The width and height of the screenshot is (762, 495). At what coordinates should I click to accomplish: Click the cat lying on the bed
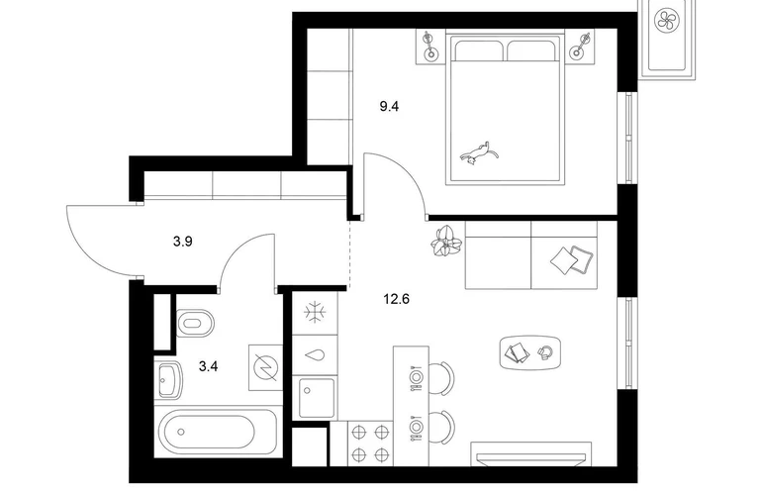[479, 152]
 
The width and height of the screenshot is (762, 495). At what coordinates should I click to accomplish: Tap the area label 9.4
[389, 106]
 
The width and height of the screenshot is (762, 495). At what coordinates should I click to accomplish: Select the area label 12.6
[397, 299]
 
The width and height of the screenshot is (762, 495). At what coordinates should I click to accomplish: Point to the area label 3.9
[183, 242]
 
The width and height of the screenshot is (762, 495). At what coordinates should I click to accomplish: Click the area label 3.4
[209, 366]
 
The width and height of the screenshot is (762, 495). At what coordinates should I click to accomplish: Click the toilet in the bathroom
[194, 324]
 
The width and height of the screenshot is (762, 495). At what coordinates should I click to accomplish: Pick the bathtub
[217, 433]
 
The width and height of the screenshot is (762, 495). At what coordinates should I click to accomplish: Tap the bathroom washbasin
[168, 380]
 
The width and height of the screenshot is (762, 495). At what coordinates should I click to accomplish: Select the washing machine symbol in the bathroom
[265, 367]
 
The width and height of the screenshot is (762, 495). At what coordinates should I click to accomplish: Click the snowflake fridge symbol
[315, 312]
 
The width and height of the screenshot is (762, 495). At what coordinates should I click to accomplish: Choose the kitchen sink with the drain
[317, 398]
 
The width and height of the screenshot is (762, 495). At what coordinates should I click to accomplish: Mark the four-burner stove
[369, 443]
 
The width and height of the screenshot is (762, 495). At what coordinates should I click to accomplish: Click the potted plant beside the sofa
[445, 241]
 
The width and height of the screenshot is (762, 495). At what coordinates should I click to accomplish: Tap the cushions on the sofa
[572, 259]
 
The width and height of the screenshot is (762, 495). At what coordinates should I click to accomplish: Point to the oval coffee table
[531, 352]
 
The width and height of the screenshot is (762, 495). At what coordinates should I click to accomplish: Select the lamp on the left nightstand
[429, 46]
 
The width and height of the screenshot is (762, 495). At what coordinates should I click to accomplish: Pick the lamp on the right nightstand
[581, 46]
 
